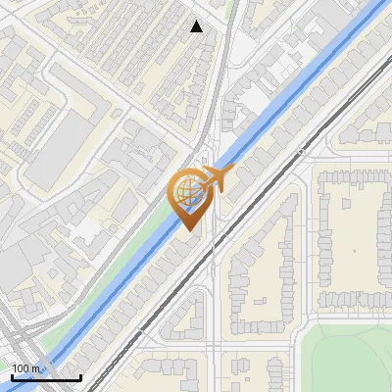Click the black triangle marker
click(197, 26)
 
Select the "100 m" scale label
click(25, 368)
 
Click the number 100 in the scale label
click(21, 368)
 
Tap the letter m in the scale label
click(35, 368)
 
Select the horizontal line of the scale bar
click(45, 378)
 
